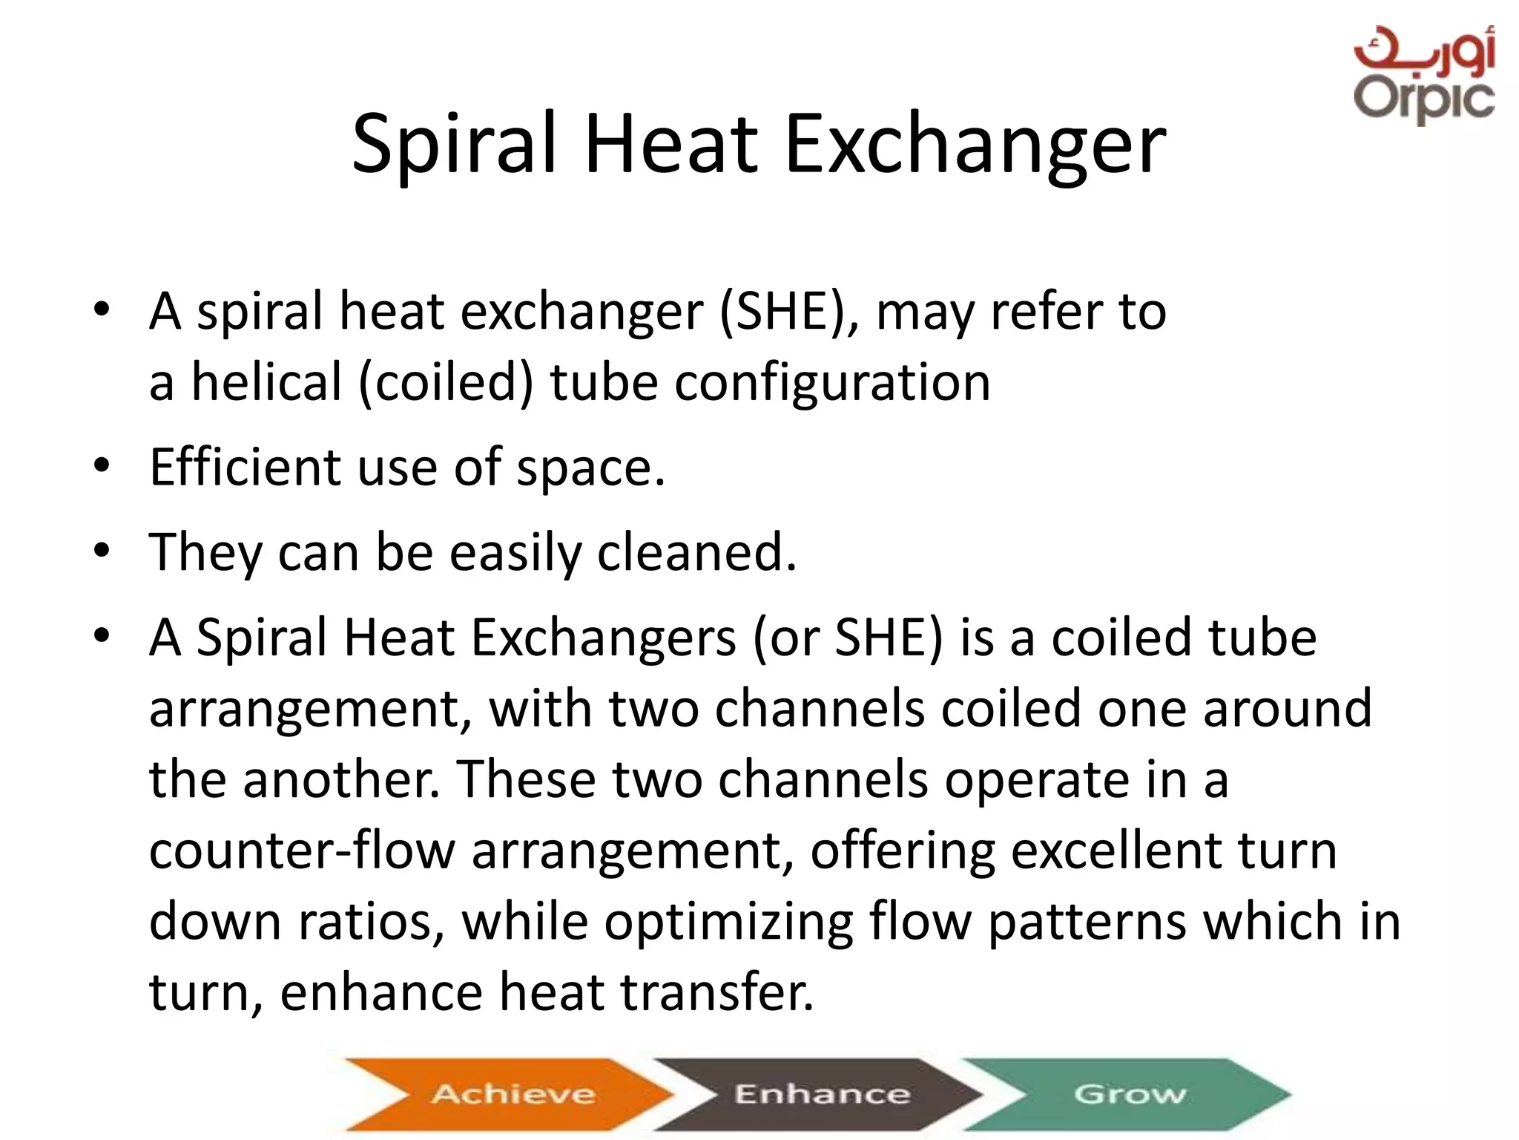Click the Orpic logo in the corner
tap(1423, 74)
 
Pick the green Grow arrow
tap(1127, 1094)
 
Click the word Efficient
tap(245, 468)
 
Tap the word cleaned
tap(697, 553)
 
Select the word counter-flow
tap(301, 851)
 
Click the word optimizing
tap(728, 922)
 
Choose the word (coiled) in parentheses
tap(445, 382)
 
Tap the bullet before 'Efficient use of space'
tap(102, 466)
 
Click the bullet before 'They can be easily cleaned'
tap(102, 551)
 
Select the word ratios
tap(372, 922)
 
